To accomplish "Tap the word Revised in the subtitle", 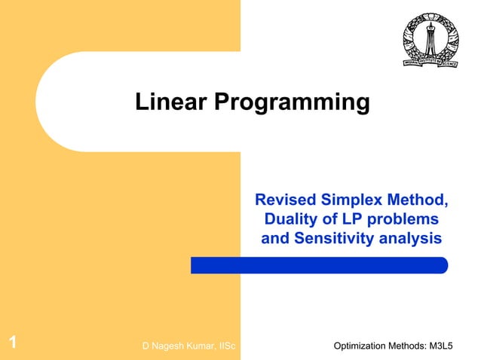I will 285,200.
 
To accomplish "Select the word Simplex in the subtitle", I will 351,200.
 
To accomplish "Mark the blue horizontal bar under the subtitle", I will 319,265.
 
